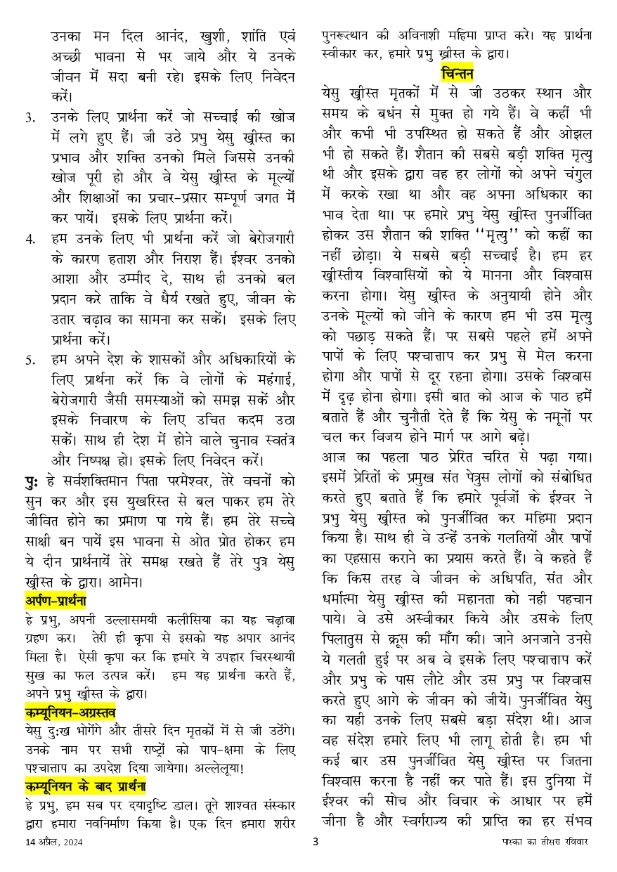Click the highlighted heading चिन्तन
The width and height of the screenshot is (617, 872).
(x=457, y=72)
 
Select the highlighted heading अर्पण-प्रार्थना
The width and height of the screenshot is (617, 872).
(x=55, y=601)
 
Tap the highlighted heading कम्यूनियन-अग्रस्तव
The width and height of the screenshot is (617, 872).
(x=70, y=710)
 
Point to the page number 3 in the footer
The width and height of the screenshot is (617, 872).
(x=316, y=861)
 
